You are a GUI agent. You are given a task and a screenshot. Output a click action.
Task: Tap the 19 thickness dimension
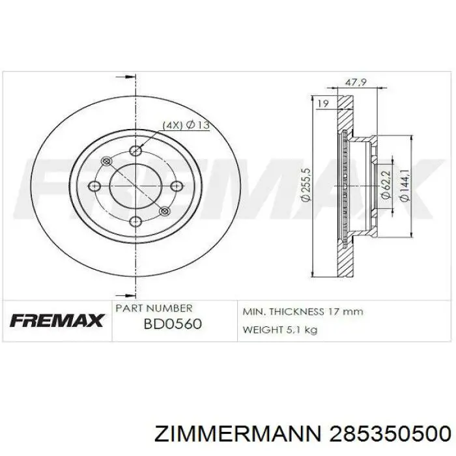[323, 104]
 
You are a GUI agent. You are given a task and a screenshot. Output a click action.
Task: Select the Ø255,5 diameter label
[307, 184]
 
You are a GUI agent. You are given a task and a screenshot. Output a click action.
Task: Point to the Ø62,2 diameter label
[386, 185]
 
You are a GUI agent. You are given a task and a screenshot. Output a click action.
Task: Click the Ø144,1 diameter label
[405, 185]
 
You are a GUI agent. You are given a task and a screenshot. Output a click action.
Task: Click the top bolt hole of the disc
[135, 150]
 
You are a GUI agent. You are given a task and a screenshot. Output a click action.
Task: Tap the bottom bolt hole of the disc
[135, 222]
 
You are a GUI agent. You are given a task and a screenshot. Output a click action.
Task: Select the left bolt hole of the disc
[94, 186]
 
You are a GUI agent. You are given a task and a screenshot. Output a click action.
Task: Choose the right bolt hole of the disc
[177, 186]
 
